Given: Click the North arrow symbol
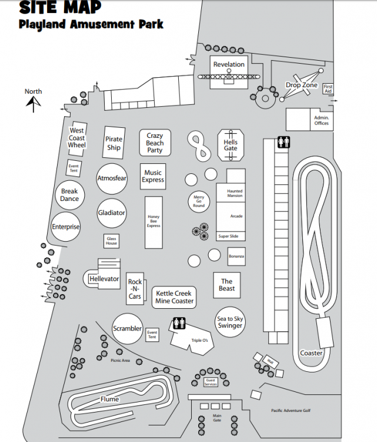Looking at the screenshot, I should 34,104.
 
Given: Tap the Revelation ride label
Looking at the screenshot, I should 229,65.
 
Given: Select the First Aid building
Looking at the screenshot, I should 328,89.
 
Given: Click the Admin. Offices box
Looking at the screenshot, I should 321,120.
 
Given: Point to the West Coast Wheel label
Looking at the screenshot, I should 77,138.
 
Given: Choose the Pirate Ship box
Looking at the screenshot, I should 114,143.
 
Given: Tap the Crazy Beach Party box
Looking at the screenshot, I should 155,143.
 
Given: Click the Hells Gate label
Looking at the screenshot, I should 231,145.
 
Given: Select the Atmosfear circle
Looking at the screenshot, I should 112,179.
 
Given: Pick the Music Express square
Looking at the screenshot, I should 153,177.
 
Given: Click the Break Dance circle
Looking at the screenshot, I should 69,195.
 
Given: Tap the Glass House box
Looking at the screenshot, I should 111,241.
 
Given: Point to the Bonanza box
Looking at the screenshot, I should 236,256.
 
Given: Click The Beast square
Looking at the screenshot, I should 227,285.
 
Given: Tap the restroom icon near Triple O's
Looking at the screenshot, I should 179,324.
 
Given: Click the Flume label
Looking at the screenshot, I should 109,400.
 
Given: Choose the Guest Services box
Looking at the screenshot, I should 211,382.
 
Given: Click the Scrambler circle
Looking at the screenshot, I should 127,329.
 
